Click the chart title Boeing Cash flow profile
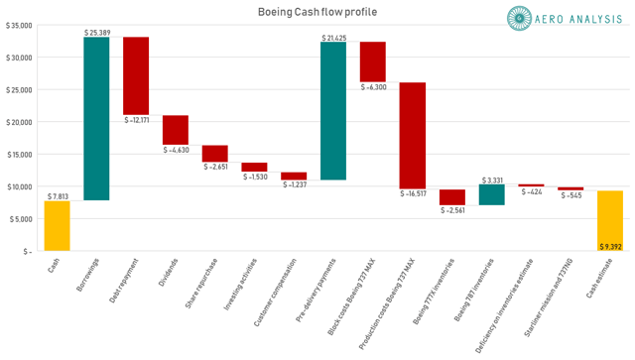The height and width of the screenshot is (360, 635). click(x=318, y=12)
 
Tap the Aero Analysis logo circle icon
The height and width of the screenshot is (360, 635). click(x=520, y=17)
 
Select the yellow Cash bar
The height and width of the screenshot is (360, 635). click(x=58, y=226)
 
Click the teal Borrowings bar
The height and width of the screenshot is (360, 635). click(x=96, y=119)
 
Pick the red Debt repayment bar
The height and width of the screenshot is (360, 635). click(x=136, y=75)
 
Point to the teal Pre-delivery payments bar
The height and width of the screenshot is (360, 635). click(x=333, y=111)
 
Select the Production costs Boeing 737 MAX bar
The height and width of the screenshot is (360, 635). click(x=412, y=135)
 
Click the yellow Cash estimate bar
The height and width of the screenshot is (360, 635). click(x=609, y=220)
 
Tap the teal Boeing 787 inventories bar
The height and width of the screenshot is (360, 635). click(x=491, y=194)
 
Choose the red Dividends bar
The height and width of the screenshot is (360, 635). click(x=176, y=130)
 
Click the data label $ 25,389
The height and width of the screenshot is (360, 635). click(x=97, y=32)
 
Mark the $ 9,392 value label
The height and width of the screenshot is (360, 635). click(x=610, y=245)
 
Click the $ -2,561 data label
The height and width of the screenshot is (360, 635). click(x=451, y=212)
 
